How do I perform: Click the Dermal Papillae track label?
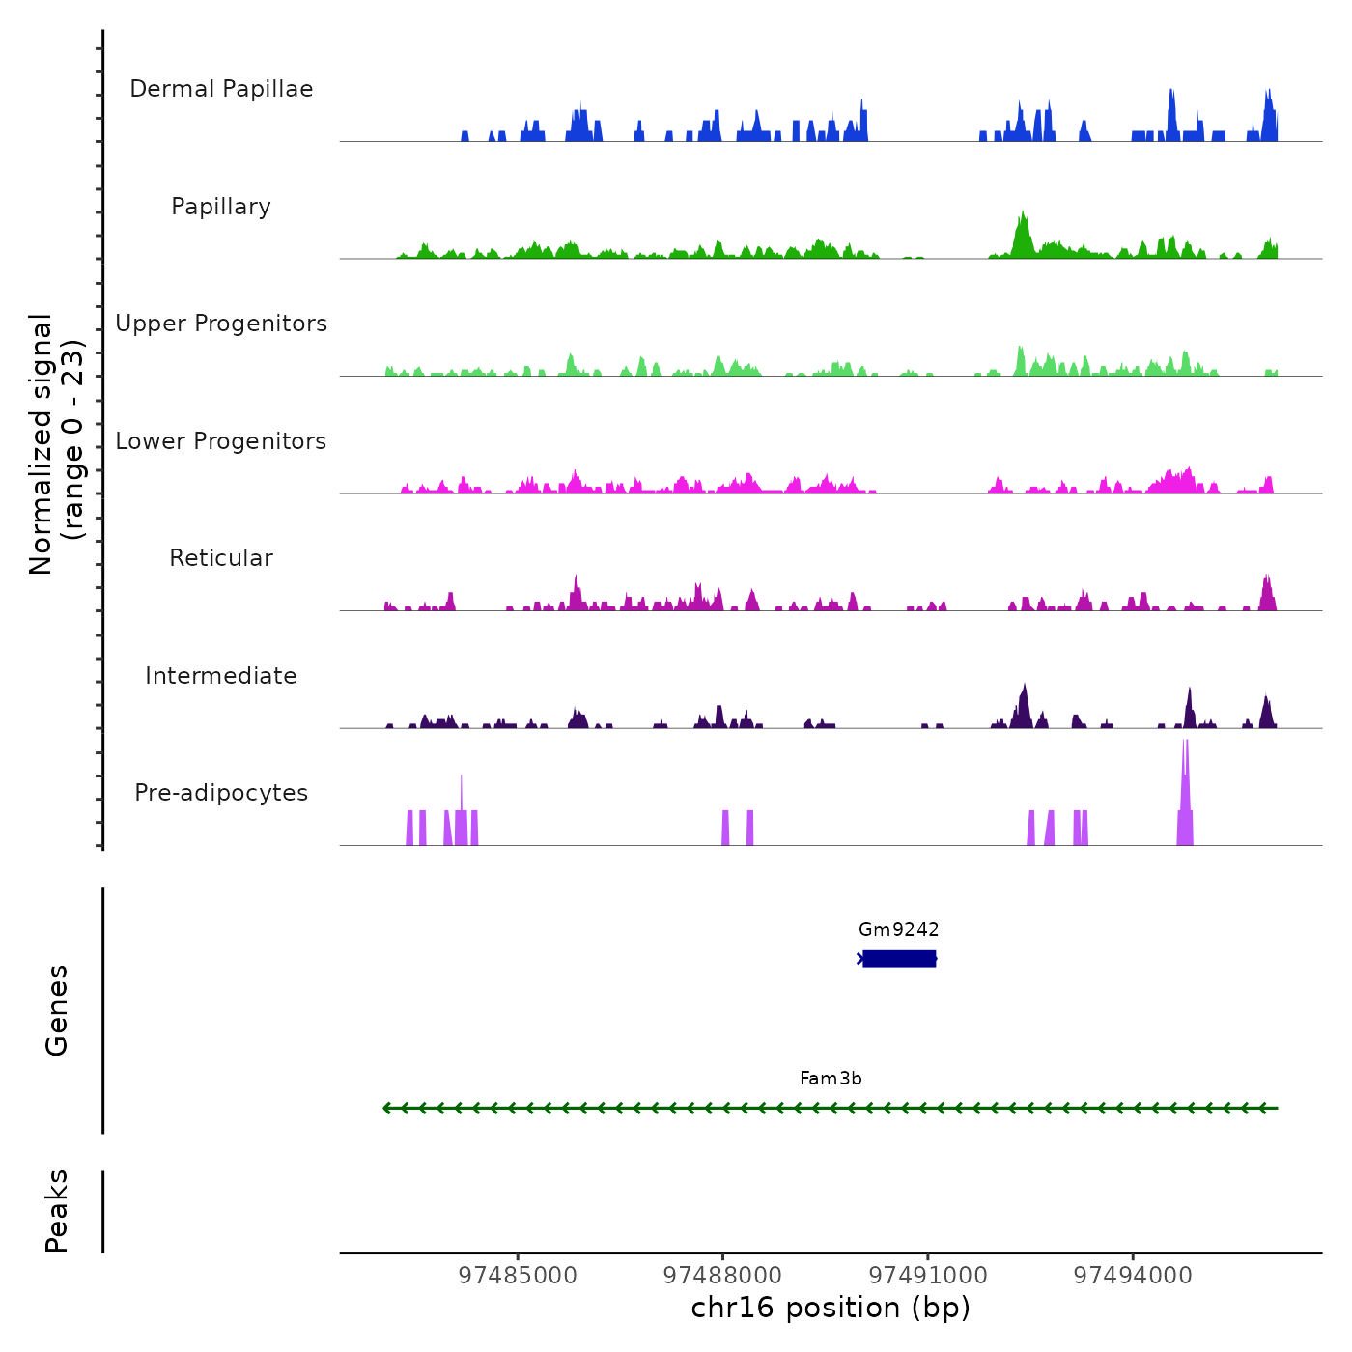click(x=221, y=89)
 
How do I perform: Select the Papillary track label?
click(x=221, y=207)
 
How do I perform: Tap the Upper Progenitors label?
click(x=221, y=324)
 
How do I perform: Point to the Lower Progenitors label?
click(x=221, y=441)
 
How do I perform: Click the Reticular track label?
click(x=221, y=558)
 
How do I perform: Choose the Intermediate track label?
click(x=221, y=676)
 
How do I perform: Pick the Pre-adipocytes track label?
click(x=221, y=793)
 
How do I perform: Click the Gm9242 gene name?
click(x=898, y=929)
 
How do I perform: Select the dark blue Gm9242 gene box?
click(x=899, y=958)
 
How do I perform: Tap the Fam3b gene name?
click(x=831, y=1078)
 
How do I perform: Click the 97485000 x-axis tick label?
click(x=518, y=1275)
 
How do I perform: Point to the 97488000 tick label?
click(x=722, y=1275)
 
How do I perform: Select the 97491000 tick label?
click(x=928, y=1275)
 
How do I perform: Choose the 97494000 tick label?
click(x=1133, y=1275)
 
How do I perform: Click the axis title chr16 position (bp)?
click(x=831, y=1308)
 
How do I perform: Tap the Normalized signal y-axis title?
click(x=56, y=443)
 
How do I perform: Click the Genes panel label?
click(x=56, y=1009)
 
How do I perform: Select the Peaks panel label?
click(x=56, y=1211)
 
